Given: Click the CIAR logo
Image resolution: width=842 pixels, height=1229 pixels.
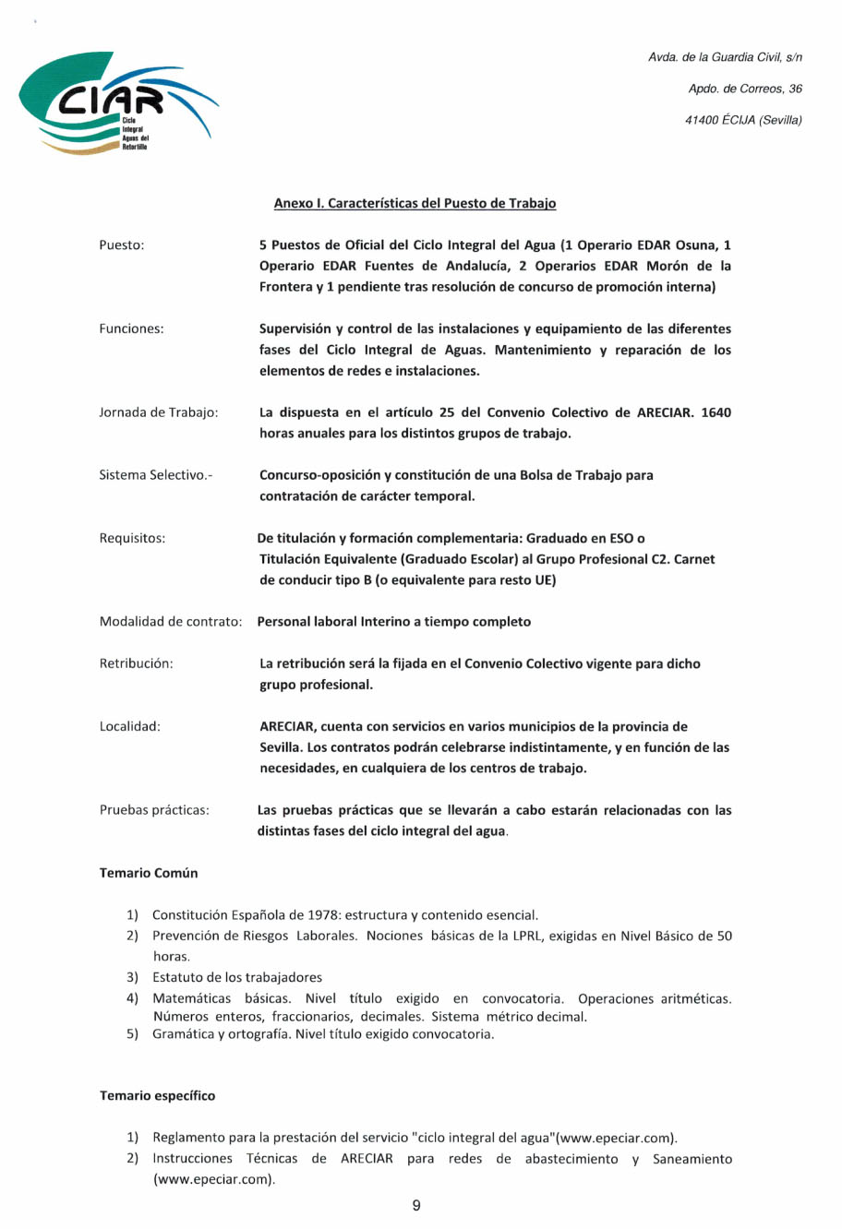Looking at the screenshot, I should (117, 102).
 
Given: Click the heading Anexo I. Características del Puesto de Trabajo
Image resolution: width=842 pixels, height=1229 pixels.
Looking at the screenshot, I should (415, 203).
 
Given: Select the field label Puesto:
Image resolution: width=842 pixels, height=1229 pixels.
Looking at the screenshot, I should (122, 245).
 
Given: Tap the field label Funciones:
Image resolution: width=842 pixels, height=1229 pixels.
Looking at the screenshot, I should (131, 329).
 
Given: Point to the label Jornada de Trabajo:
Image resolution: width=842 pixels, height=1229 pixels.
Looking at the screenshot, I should (159, 412).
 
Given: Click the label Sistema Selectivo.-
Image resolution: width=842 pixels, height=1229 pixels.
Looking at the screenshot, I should (155, 475).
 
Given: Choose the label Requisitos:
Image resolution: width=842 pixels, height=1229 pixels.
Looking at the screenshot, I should (132, 539).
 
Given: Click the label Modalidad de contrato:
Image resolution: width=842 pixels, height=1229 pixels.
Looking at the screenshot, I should (171, 622).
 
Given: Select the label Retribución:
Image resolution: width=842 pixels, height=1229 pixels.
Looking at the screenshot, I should (136, 664).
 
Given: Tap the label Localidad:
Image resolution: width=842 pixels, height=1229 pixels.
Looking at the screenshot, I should (129, 727).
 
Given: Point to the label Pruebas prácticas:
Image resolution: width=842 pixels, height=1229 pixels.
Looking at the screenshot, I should (154, 811).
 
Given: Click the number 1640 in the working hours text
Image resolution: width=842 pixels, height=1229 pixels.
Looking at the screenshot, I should (716, 412).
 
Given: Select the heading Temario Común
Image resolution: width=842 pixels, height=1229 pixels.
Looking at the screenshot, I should (149, 874).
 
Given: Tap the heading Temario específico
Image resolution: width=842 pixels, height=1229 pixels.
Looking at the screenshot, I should (157, 1096).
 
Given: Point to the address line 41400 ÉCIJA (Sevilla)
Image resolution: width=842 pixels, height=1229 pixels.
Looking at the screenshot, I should (743, 120).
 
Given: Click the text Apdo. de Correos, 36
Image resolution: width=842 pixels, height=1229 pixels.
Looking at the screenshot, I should (745, 89).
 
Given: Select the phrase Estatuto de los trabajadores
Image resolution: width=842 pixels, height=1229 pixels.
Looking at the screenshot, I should (237, 977).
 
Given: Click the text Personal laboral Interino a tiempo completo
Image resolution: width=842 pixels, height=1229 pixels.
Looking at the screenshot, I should (394, 622).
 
